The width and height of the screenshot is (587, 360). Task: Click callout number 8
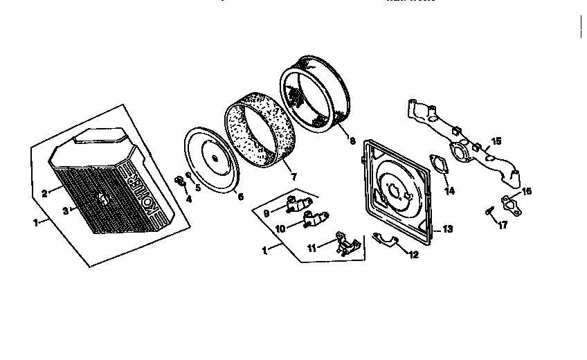click(352, 141)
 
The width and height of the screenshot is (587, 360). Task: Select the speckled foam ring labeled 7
click(258, 133)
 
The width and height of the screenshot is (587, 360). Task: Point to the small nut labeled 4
click(179, 181)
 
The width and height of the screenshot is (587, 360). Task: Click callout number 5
click(197, 186)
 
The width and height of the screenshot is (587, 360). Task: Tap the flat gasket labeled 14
click(438, 163)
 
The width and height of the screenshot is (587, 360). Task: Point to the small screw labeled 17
click(490, 210)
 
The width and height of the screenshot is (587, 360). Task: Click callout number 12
click(413, 255)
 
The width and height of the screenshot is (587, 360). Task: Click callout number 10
click(280, 228)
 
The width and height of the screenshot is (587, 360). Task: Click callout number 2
click(44, 194)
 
